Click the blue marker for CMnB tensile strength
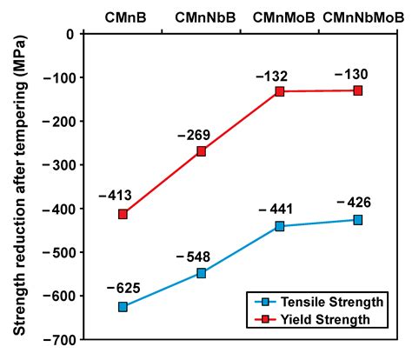pyautogui.click(x=123, y=307)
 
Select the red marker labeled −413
pyautogui.click(x=123, y=214)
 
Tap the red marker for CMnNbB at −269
pyautogui.click(x=202, y=151)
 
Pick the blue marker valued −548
pyautogui.click(x=202, y=273)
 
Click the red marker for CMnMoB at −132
pyautogui.click(x=280, y=91)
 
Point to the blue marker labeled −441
pyautogui.click(x=280, y=226)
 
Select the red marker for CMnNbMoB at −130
pyautogui.click(x=358, y=90)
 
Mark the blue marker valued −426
pyautogui.click(x=358, y=220)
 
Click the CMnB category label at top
pyautogui.click(x=123, y=17)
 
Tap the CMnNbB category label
pyautogui.click(x=201, y=17)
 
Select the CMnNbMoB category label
pyautogui.click(x=358, y=17)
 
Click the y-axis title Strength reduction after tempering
pyautogui.click(x=18, y=185)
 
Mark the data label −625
pyautogui.click(x=123, y=288)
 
